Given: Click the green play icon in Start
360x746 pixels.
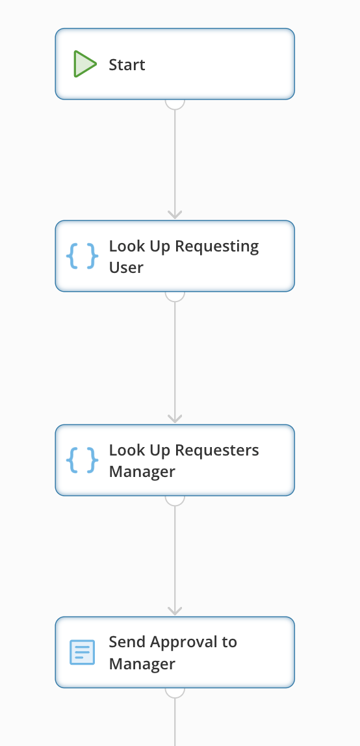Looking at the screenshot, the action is click(x=84, y=64).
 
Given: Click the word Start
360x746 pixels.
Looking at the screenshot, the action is click(x=127, y=65).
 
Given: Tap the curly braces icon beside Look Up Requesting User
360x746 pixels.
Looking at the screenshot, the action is click(x=83, y=256).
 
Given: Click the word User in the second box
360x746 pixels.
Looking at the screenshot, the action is click(x=126, y=267).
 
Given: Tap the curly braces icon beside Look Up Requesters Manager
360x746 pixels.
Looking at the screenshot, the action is click(x=83, y=460).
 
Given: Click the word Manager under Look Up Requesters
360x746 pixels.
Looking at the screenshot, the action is click(x=142, y=472).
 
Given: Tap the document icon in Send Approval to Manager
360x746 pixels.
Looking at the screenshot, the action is click(x=83, y=652).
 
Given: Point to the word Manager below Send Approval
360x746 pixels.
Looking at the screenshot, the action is click(x=142, y=663).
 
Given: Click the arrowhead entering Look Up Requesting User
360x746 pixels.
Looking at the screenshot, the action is click(x=175, y=214).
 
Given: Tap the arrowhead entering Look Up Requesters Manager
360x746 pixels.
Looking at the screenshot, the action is click(x=175, y=418).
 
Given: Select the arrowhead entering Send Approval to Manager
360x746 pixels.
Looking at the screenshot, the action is click(x=175, y=611).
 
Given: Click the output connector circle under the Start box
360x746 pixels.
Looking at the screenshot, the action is click(x=175, y=104).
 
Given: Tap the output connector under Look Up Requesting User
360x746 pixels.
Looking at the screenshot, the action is click(x=175, y=296).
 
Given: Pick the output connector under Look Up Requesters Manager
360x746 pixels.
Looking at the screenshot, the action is click(x=175, y=500).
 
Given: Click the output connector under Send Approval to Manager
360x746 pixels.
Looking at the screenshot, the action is click(x=175, y=693).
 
